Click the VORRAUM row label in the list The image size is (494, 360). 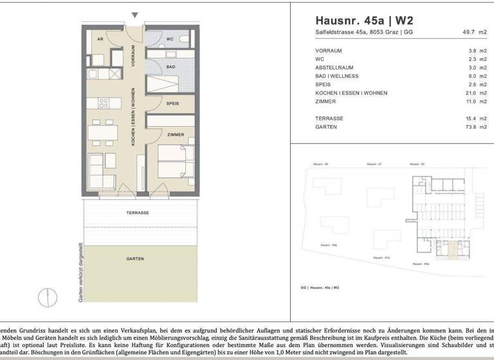(x=328, y=50)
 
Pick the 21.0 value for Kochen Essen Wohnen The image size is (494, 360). (x=471, y=93)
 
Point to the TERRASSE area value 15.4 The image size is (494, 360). (x=471, y=119)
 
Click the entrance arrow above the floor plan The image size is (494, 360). (x=134, y=15)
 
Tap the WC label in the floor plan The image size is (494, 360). (x=170, y=39)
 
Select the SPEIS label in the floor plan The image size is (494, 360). (x=172, y=103)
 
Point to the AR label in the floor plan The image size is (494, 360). (x=100, y=39)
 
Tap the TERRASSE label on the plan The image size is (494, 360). (x=138, y=213)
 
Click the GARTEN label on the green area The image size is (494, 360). (x=134, y=259)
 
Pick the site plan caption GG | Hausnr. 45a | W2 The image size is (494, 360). (x=320, y=287)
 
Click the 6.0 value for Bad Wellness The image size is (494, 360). (x=471, y=76)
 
